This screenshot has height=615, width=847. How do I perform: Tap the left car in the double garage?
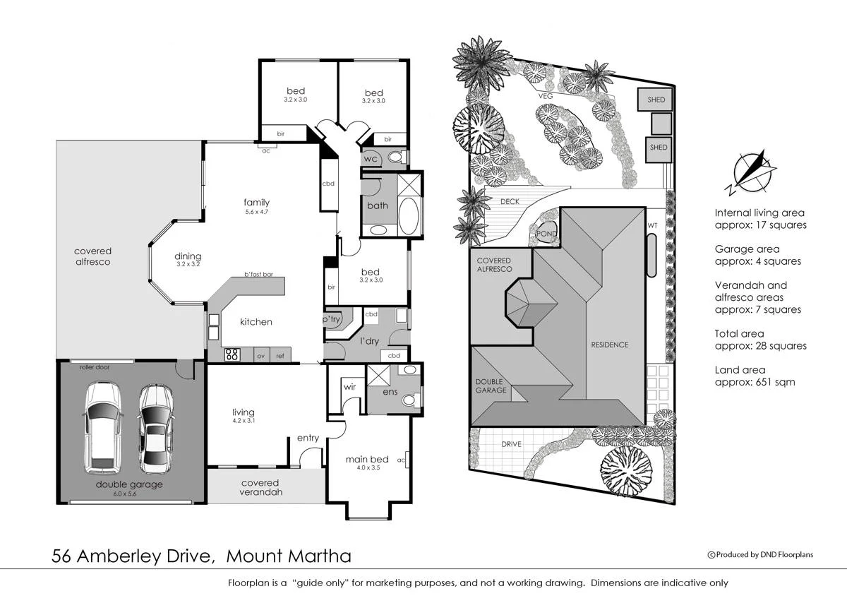tap(102, 427)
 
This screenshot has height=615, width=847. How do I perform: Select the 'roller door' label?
tap(96, 367)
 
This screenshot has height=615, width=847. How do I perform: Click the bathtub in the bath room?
tap(409, 216)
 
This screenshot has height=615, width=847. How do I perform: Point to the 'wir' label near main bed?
tap(349, 387)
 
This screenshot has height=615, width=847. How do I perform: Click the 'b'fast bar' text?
tap(258, 274)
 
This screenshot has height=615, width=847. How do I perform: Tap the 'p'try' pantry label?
tap(332, 320)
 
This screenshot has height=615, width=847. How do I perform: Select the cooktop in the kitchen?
tap(233, 354)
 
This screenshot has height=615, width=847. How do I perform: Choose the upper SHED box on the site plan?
tap(656, 100)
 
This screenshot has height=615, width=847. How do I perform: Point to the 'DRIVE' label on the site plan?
tap(511, 444)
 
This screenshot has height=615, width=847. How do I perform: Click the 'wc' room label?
tap(371, 160)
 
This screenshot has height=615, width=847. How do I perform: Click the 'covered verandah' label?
tap(260, 487)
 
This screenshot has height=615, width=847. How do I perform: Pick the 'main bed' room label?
tap(363, 460)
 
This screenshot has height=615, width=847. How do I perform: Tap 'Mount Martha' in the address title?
tap(288, 556)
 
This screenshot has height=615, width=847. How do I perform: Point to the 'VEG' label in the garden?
tap(544, 97)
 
